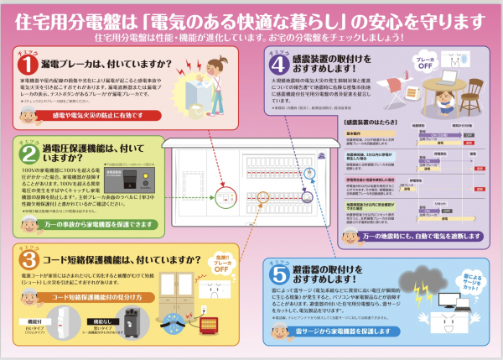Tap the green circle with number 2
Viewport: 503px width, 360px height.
click(27, 153)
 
